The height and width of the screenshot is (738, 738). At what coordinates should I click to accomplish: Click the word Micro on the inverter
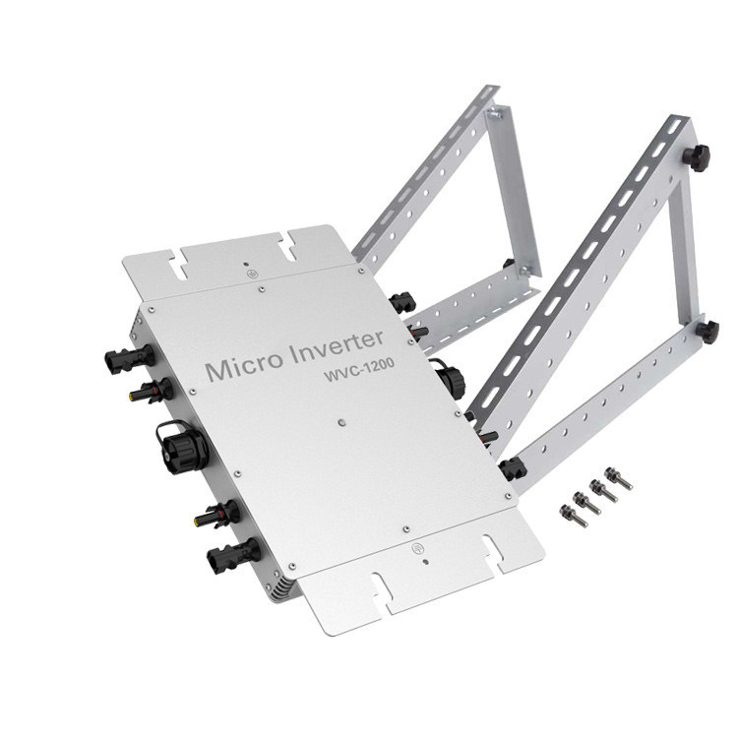point(245,366)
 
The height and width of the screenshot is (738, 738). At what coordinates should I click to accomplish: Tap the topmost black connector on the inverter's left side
point(130,358)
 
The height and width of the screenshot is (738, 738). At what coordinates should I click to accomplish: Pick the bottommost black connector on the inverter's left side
point(233,553)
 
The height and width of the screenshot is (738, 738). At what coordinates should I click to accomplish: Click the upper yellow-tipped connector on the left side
point(151,390)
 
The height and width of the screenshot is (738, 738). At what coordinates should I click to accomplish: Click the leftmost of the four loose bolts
point(573,515)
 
